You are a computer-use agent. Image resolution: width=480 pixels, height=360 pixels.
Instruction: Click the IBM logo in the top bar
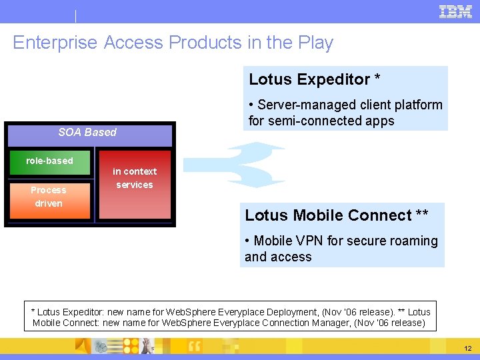coord(456,11)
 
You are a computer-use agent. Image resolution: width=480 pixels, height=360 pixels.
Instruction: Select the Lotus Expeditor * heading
coord(315,79)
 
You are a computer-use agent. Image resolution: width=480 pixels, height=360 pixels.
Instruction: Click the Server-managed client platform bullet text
coord(349,105)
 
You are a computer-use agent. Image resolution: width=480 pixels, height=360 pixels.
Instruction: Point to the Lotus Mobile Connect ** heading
coord(337,215)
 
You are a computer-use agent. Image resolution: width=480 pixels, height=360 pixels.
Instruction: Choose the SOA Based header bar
coord(87,133)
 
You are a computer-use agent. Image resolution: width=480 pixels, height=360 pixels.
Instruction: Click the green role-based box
coord(49,162)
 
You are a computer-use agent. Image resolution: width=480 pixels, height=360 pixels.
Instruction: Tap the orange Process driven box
coord(49,198)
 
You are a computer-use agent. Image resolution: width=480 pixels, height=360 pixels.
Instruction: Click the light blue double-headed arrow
coord(235,164)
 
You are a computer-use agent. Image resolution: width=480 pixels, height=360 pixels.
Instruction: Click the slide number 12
coord(467,349)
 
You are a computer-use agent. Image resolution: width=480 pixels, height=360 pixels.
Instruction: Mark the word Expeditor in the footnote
coord(85,312)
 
